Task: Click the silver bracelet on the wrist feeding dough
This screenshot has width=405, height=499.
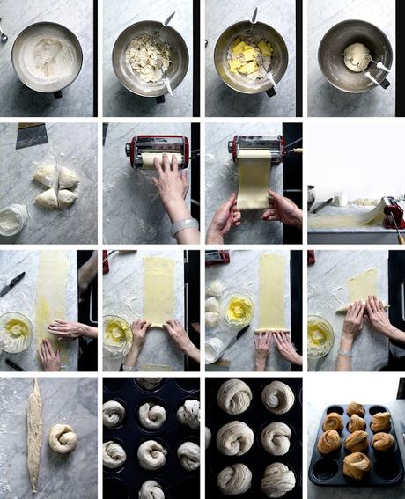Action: tap(184, 226)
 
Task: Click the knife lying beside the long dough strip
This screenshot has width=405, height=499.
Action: tap(12, 283)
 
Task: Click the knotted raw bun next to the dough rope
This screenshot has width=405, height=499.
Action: tap(62, 437)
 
